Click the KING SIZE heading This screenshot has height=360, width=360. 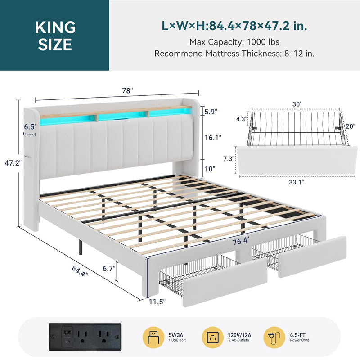coord(55,36)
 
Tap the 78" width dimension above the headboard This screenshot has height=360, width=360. coord(127,91)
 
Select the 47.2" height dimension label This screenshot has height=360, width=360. coord(13,163)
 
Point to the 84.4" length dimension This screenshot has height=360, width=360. coord(80,271)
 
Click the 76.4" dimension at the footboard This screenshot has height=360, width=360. coord(241,241)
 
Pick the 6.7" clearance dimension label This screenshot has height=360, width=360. coord(109,268)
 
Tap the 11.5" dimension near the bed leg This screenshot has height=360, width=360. coord(157,301)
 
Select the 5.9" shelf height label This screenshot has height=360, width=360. coord(211,112)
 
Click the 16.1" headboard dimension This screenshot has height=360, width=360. coord(213,138)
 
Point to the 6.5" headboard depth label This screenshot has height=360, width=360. coord(30,126)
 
